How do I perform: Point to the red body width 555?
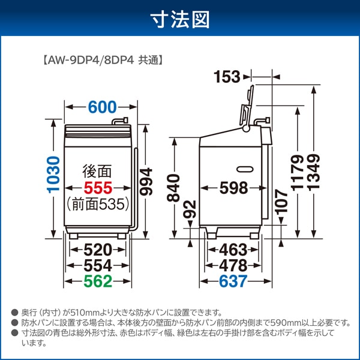tap(98, 187)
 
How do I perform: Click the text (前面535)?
tap(98, 204)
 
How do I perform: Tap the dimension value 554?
tap(98, 265)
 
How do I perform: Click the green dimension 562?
tap(98, 281)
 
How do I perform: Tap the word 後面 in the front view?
tap(98, 171)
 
